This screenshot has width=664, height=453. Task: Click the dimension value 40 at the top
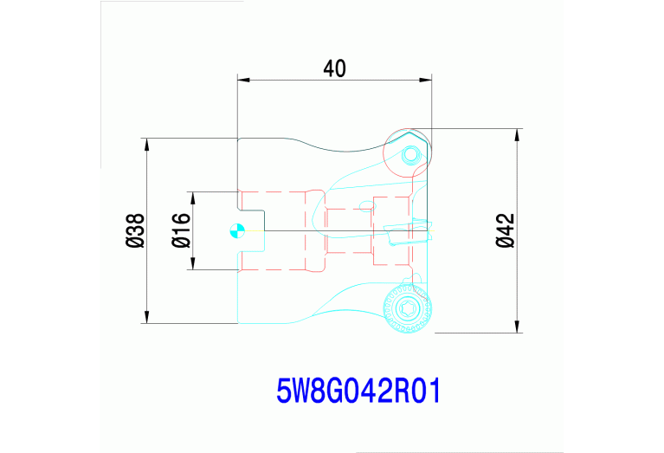click(x=334, y=68)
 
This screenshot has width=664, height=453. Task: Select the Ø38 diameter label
click(x=135, y=230)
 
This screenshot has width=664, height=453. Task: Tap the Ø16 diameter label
click(x=181, y=230)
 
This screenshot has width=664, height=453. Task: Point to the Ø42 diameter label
click(x=506, y=230)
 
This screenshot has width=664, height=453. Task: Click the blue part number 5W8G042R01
click(x=358, y=391)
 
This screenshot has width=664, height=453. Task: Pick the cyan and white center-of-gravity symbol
click(x=237, y=231)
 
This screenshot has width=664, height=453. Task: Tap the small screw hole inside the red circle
click(x=410, y=154)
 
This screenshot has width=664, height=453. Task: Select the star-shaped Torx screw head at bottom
click(x=408, y=308)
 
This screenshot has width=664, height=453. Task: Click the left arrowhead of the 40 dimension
click(x=243, y=80)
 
